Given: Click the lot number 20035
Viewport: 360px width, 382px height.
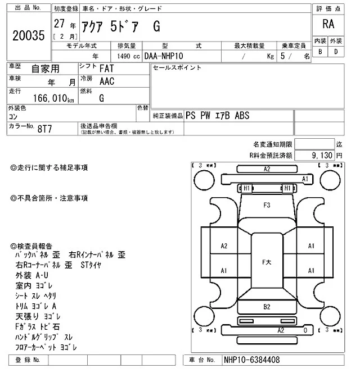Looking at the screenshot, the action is [x=28, y=35].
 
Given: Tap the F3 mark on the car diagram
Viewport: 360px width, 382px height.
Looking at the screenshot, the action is [x=267, y=205].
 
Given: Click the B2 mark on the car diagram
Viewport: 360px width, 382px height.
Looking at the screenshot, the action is [x=267, y=306].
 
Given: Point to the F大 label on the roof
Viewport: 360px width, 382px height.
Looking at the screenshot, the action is [x=267, y=262].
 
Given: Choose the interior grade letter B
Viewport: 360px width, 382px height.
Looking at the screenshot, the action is [x=320, y=51].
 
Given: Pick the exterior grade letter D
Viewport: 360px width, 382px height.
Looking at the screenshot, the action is [x=336, y=51].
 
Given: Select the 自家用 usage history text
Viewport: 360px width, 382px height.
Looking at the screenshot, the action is [x=45, y=69].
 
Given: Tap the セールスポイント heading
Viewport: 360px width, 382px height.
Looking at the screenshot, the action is [x=177, y=67].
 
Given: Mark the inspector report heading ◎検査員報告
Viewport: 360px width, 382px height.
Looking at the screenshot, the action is [x=32, y=246].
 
